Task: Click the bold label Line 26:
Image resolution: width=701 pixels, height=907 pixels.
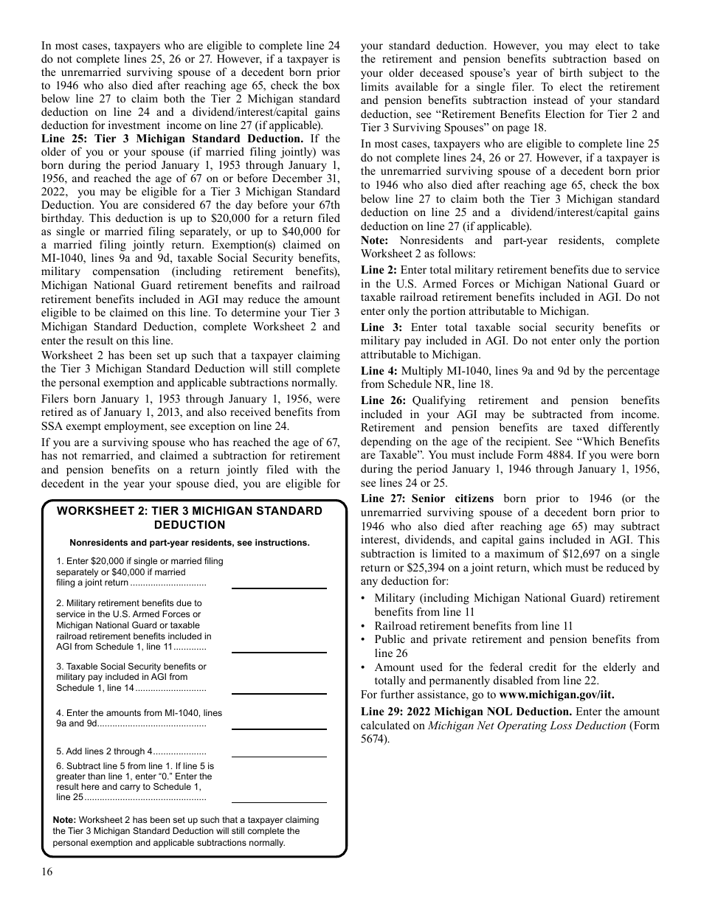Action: [x=383, y=400]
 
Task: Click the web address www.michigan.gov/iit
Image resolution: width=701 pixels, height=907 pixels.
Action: [x=556, y=695]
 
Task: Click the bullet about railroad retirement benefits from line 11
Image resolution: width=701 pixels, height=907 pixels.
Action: [x=473, y=626]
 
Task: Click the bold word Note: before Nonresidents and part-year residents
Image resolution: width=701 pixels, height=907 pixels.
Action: [x=376, y=240]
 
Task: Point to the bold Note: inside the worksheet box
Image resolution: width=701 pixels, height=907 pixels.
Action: [x=64, y=820]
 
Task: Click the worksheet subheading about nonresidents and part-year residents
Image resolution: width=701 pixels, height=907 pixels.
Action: [x=190, y=543]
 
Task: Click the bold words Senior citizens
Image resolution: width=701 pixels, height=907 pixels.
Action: [x=452, y=498]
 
